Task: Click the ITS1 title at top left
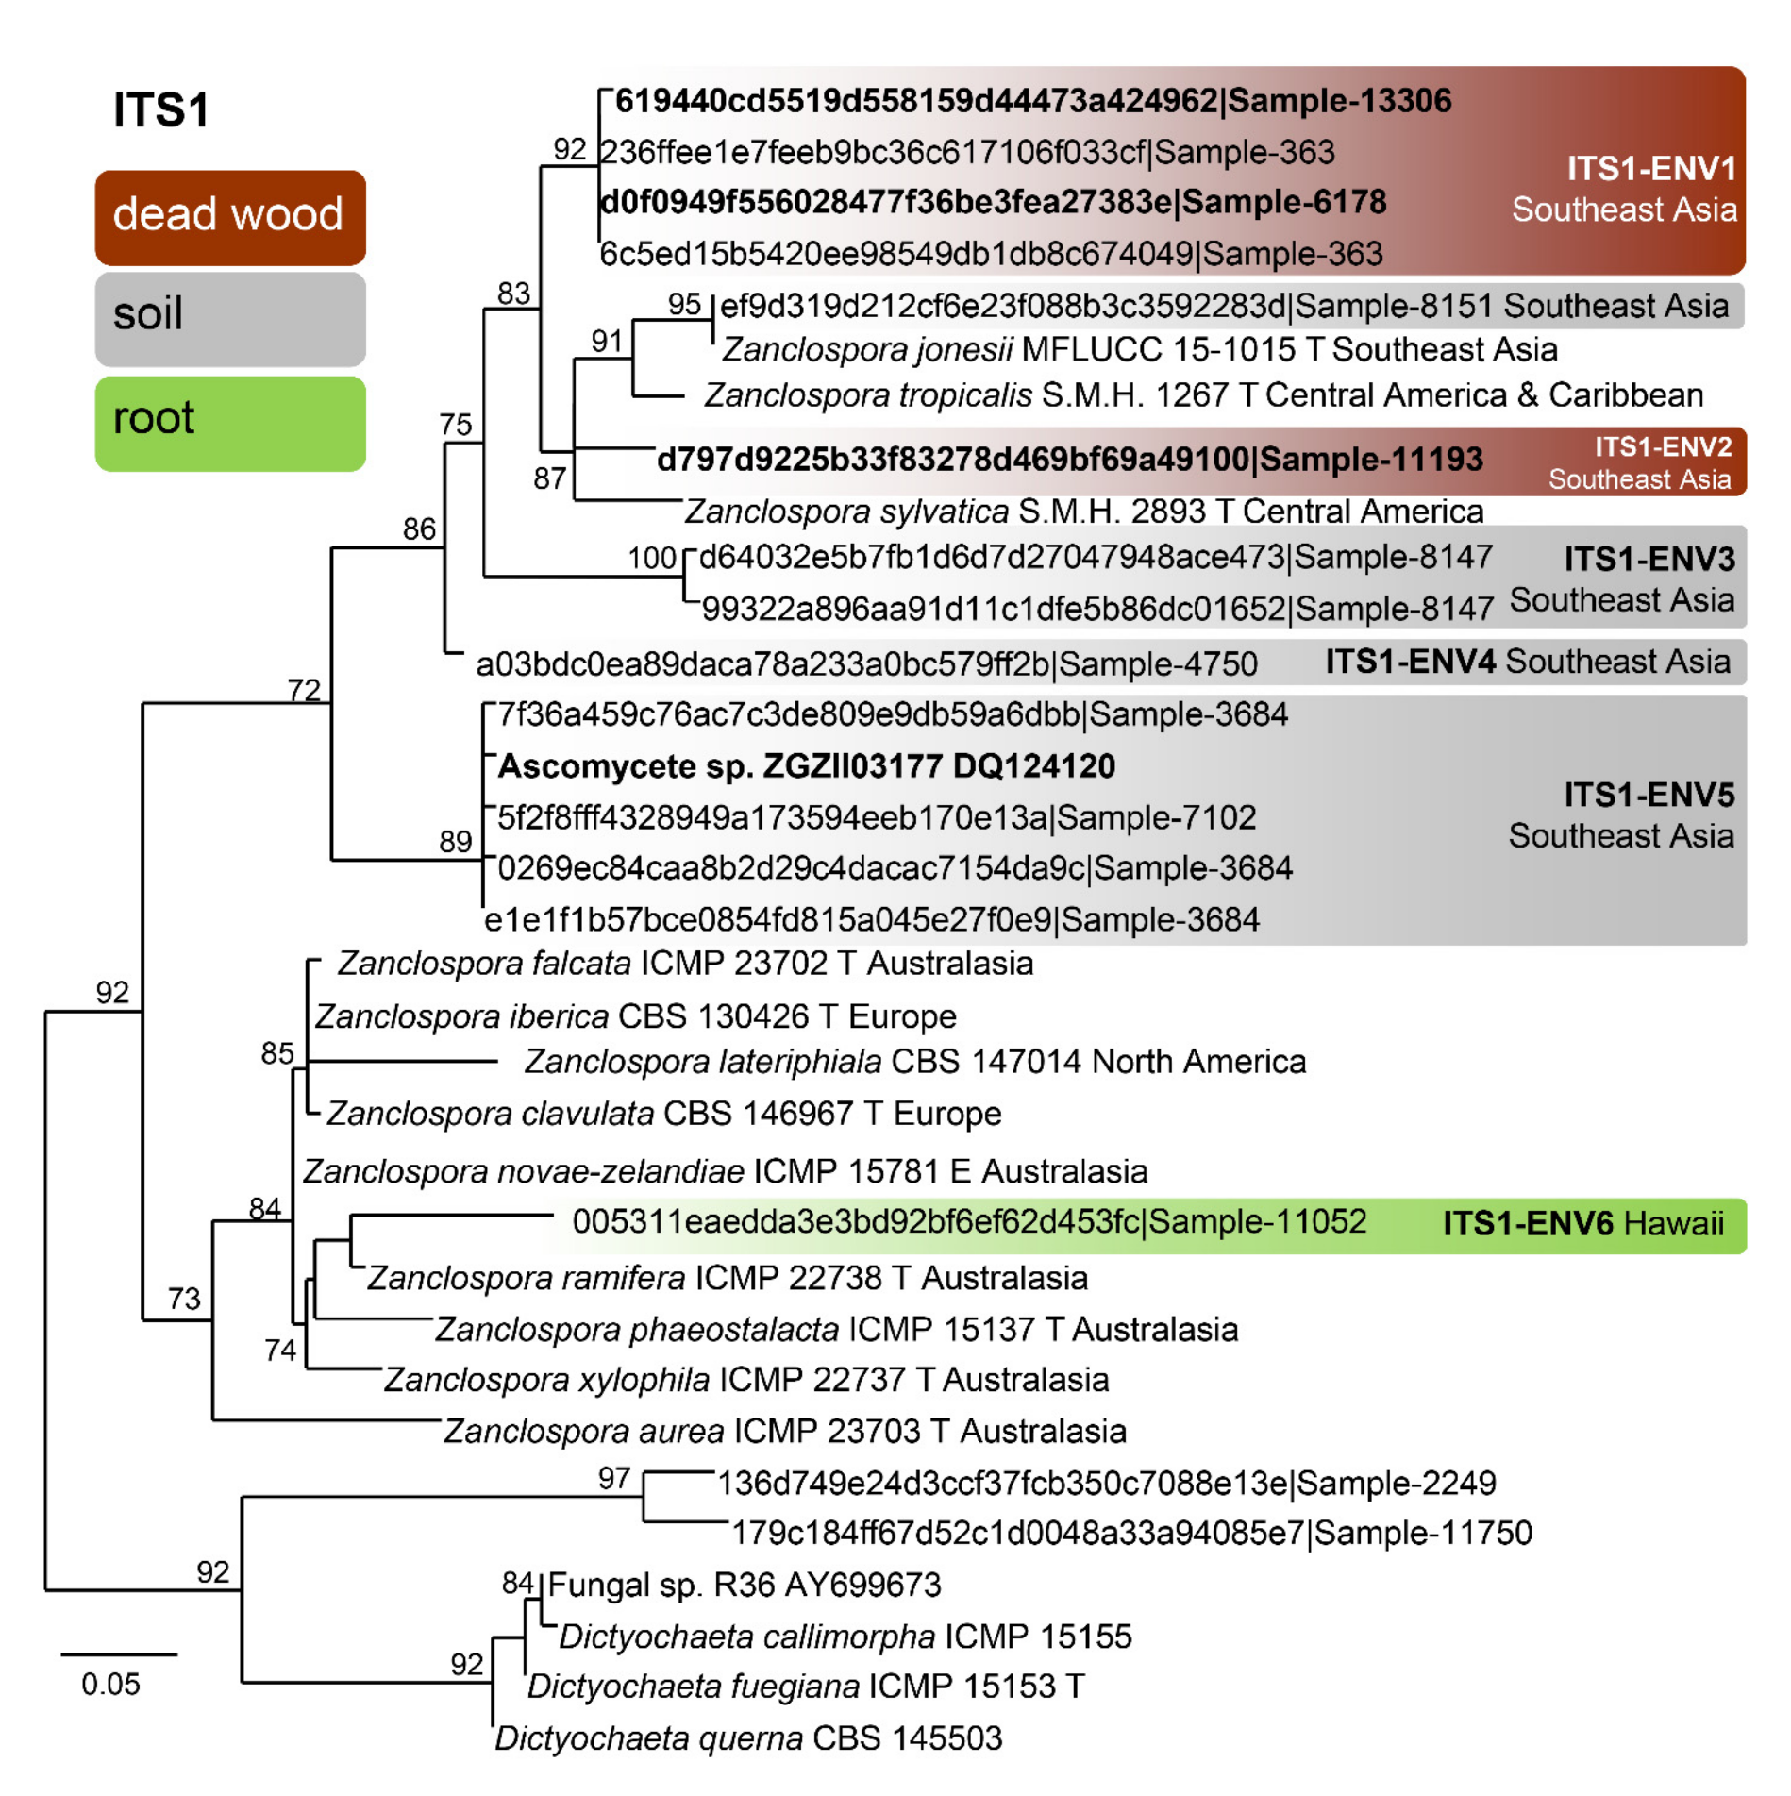pyautogui.click(x=160, y=109)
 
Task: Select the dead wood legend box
pyautogui.click(x=229, y=217)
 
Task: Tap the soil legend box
pyautogui.click(x=229, y=318)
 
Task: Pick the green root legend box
pyautogui.click(x=229, y=423)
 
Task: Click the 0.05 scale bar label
pyautogui.click(x=110, y=1684)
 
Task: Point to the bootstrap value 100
pyautogui.click(x=651, y=558)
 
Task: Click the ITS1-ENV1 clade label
pyautogui.click(x=1649, y=169)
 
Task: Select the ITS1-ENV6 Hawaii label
pyautogui.click(x=1582, y=1223)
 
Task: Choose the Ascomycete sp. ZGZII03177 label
pyautogui.click(x=806, y=766)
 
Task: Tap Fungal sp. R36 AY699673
pyautogui.click(x=744, y=1585)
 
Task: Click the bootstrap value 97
pyautogui.click(x=613, y=1478)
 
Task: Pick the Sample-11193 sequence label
pyautogui.click(x=1069, y=460)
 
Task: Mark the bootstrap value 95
pyautogui.click(x=684, y=305)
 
